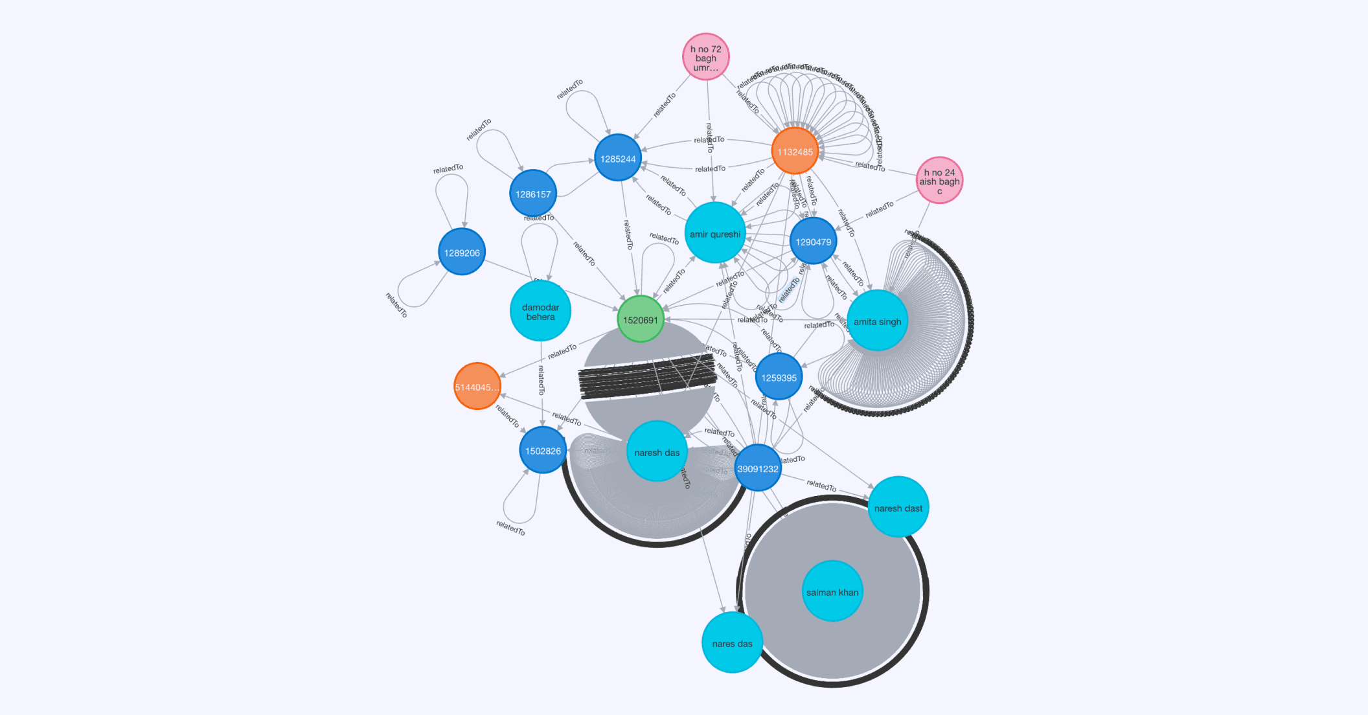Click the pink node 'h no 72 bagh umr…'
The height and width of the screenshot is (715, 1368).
[x=706, y=57]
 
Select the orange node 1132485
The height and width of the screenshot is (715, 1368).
[x=795, y=152]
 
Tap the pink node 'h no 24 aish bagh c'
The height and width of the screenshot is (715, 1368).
[x=939, y=181]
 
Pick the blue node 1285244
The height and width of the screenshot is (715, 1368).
[x=618, y=158]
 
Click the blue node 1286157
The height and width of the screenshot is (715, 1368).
[x=533, y=194]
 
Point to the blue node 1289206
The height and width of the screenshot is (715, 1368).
[x=462, y=253]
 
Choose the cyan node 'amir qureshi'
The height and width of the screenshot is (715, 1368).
[x=715, y=234]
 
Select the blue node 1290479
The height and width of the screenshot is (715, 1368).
[x=814, y=242]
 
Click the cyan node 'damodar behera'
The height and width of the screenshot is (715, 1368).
[x=540, y=312]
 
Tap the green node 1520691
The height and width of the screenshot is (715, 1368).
[x=640, y=319]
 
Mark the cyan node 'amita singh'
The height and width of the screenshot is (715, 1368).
[x=877, y=321]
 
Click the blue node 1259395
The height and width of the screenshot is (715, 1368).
[x=779, y=378]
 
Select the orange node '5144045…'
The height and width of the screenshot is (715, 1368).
[x=477, y=387]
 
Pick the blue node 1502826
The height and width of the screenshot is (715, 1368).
[x=543, y=451]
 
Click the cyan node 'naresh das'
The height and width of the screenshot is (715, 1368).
[x=657, y=452]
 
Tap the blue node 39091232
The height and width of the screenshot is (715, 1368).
[x=758, y=468]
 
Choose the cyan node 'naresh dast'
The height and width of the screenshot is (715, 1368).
[x=898, y=508]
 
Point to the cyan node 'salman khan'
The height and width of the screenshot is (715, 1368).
[x=832, y=591]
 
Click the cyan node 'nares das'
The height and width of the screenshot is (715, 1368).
[x=732, y=643]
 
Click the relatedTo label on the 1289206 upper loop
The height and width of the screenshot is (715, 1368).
[x=448, y=169]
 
